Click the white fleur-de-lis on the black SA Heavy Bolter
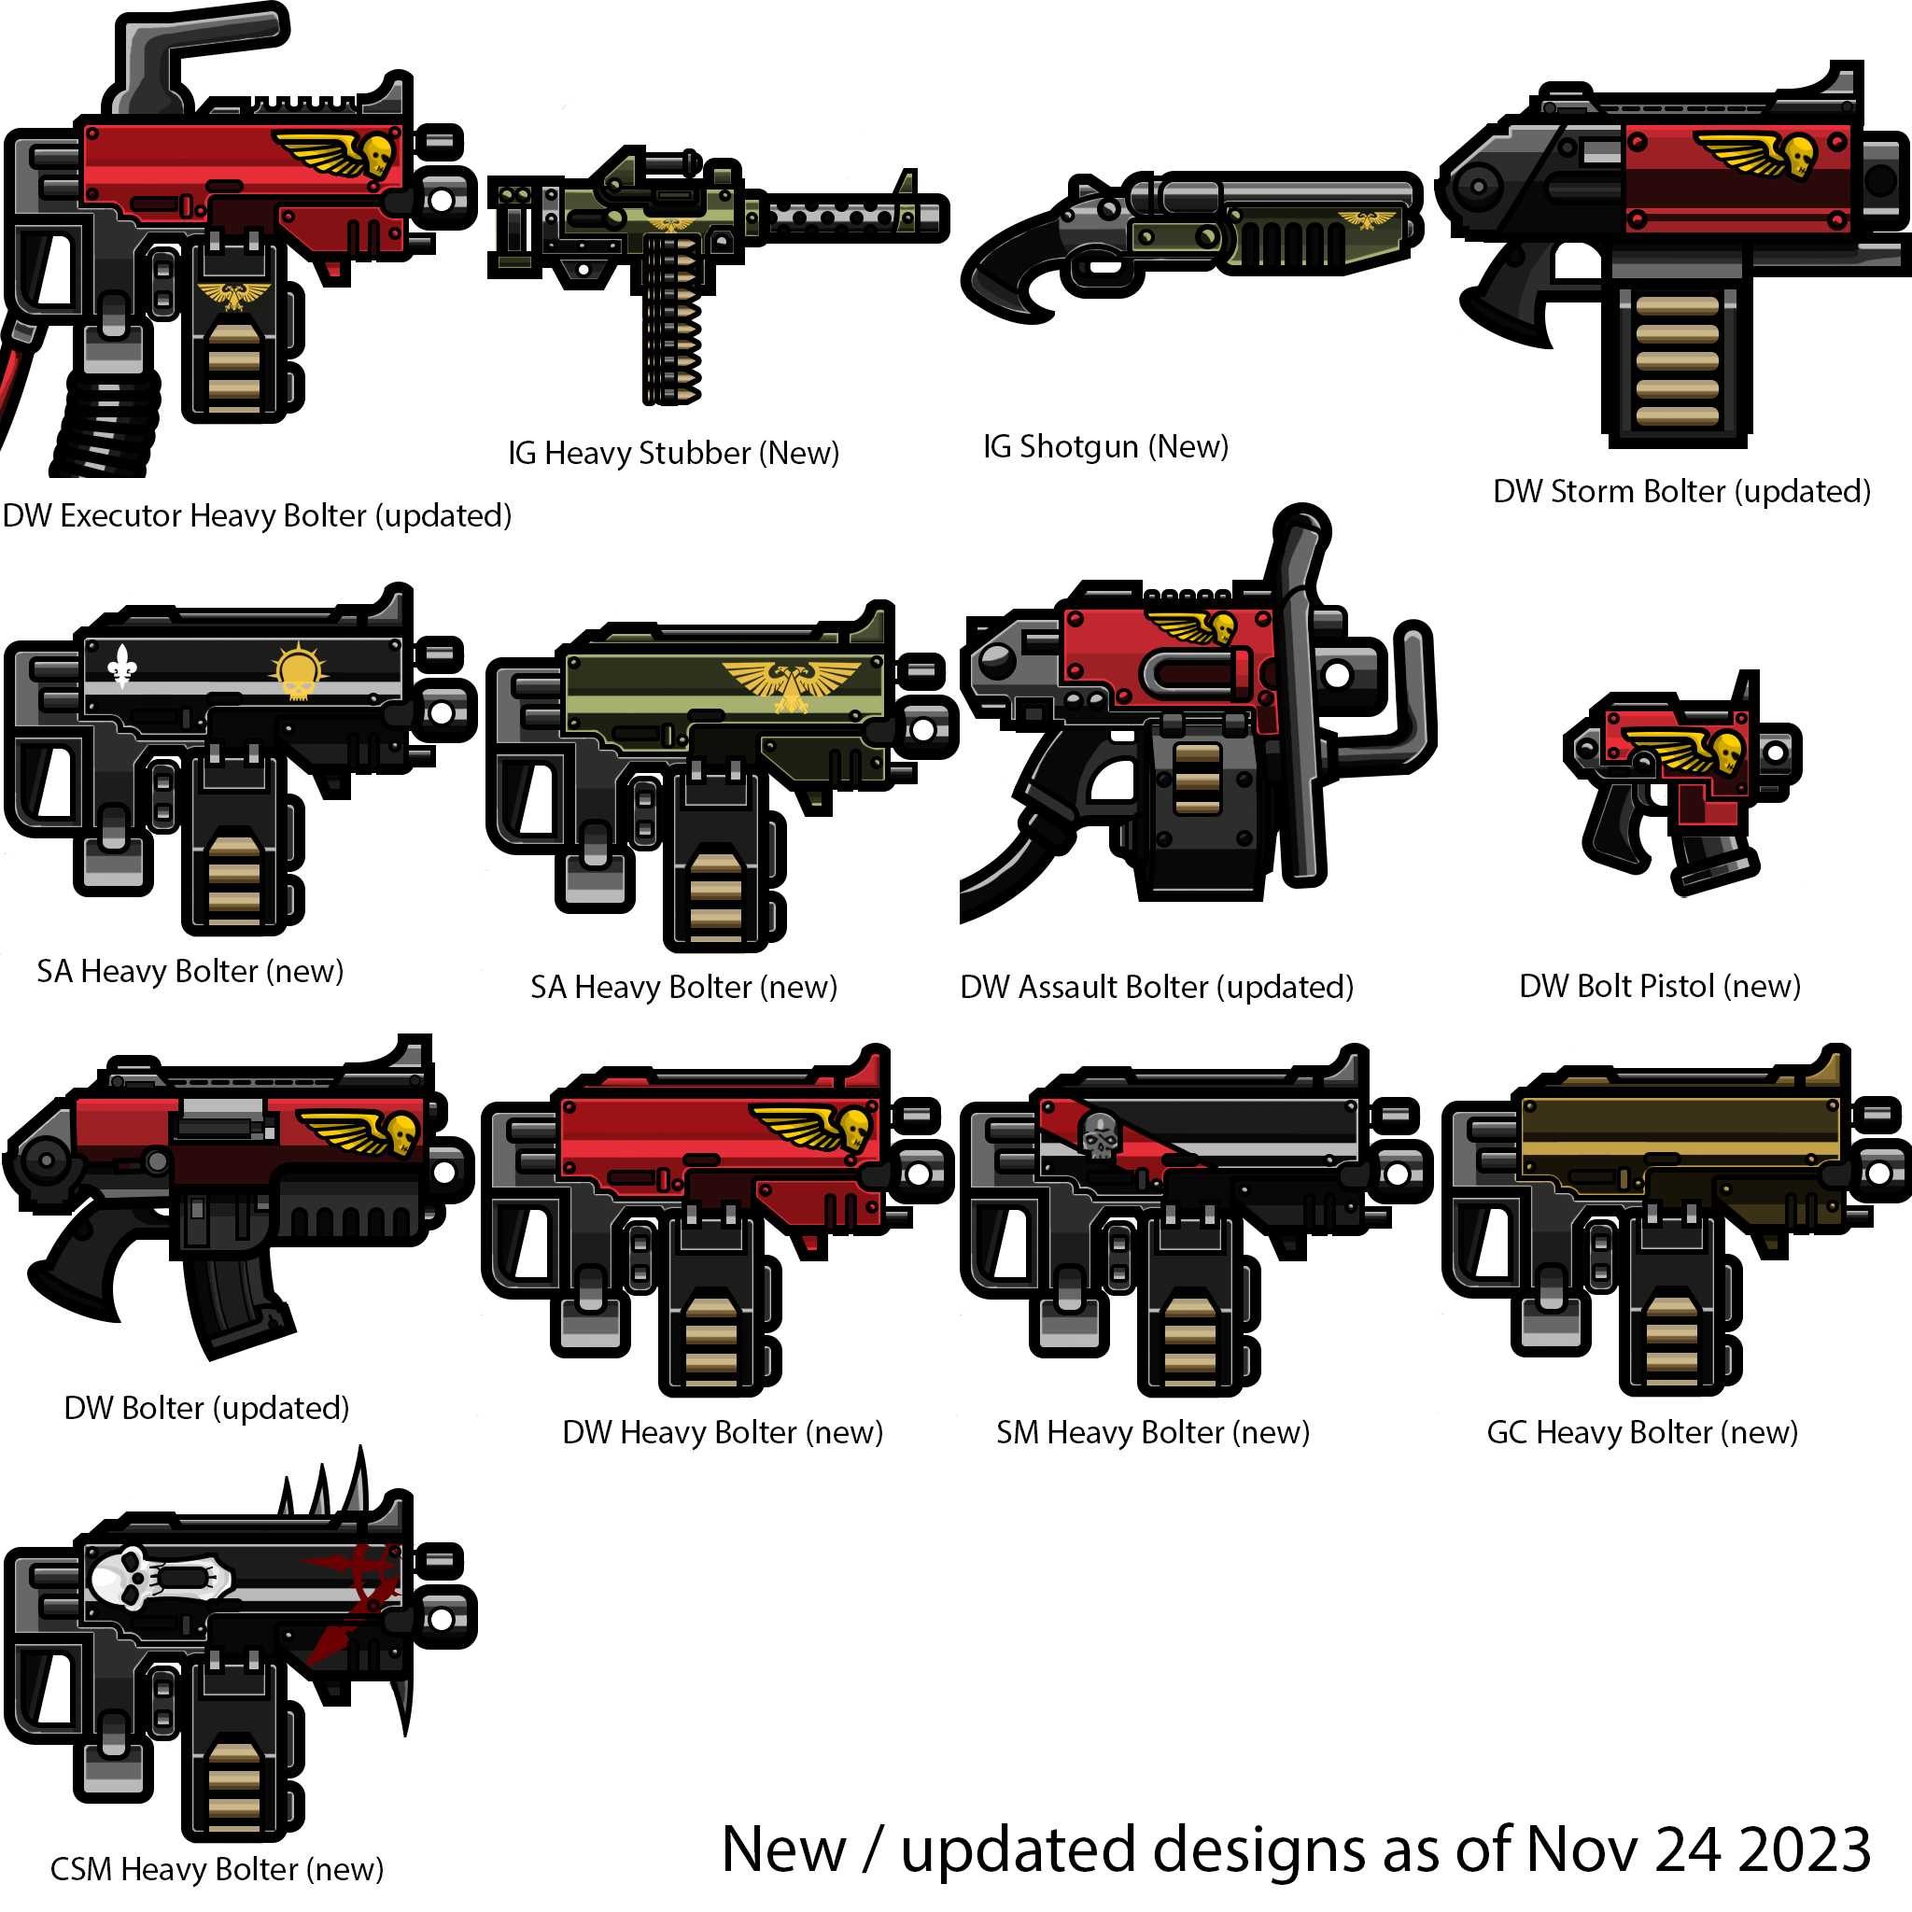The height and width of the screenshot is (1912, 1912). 121,666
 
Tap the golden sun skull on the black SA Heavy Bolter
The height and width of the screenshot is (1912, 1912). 298,672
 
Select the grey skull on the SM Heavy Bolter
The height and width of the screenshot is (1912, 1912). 1099,1136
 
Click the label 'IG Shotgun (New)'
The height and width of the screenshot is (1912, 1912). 1105,447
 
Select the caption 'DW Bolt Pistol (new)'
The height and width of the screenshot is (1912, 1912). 1660,987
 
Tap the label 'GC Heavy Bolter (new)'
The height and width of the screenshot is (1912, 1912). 1642,1432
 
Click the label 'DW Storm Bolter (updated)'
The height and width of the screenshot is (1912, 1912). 1681,492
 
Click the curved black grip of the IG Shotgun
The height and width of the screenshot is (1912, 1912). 1015,273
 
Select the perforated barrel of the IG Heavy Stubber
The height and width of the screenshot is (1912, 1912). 851,217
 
